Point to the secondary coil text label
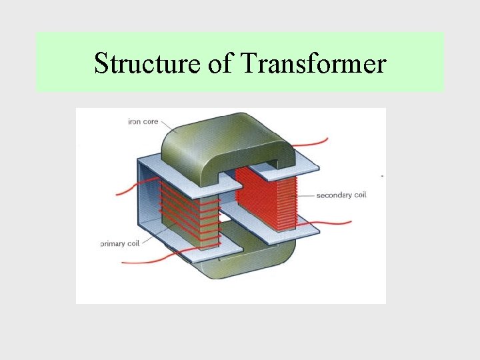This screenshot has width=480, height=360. coord(341,195)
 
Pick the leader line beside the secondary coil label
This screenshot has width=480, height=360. coord(305,195)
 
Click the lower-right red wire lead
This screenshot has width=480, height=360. coord(333,223)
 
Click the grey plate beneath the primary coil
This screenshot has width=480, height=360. coord(207,251)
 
